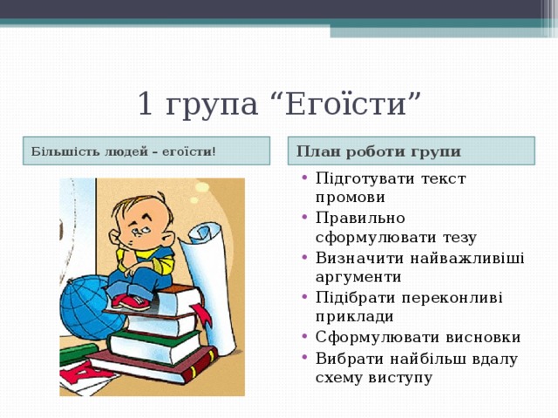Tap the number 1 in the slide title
pos(146,105)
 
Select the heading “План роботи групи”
pos(378,151)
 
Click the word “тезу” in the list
pos(456,237)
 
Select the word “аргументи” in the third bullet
pos(358,277)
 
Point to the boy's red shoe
pos(131,302)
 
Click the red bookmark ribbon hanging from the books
pos(202,313)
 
